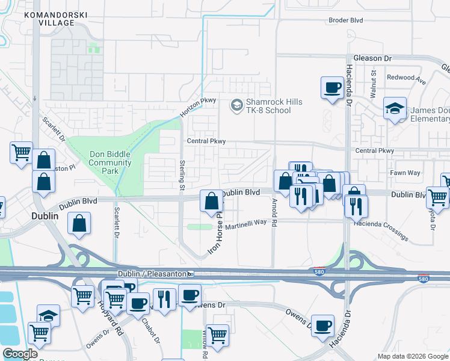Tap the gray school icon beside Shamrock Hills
point(237,106)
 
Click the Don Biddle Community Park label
point(110,162)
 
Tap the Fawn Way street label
point(405,173)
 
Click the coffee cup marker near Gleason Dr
point(331,88)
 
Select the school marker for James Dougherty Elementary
point(395,109)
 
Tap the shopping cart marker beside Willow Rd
point(217,334)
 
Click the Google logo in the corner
point(20,354)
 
